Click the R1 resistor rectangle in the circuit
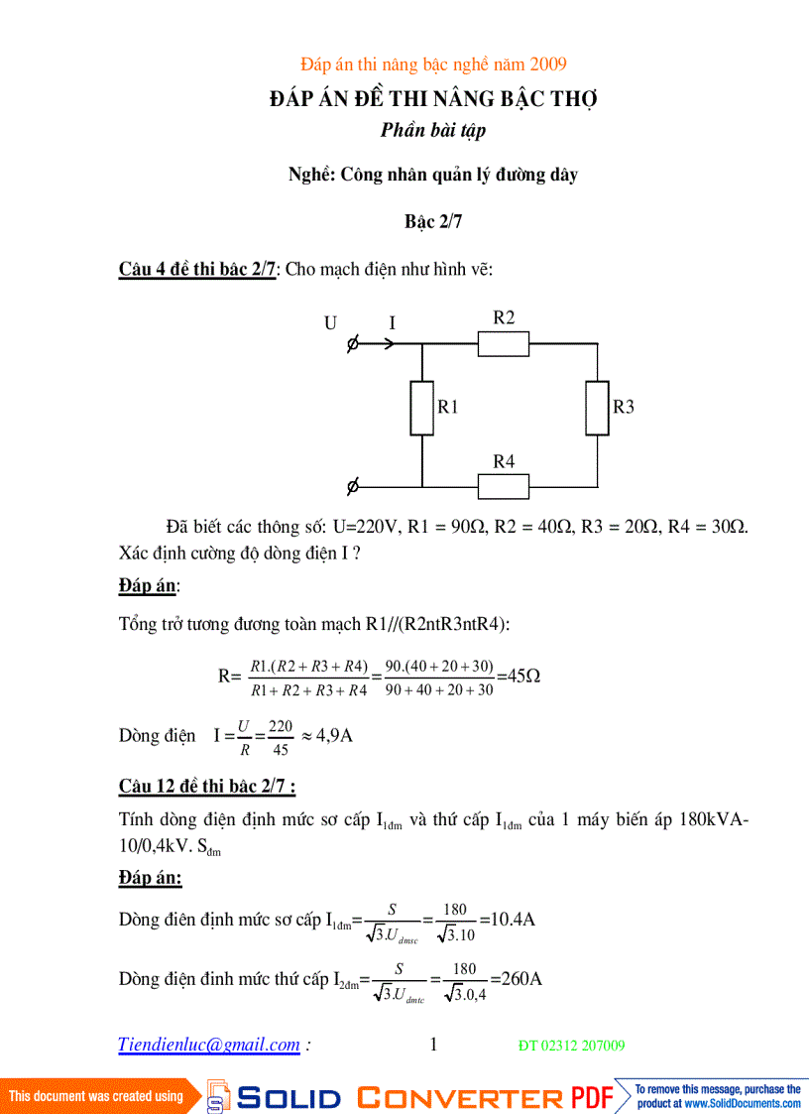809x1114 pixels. pos(422,408)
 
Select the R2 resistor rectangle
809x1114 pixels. pos(504,344)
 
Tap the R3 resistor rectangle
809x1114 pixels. pos(597,408)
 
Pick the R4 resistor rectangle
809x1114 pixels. pos(504,487)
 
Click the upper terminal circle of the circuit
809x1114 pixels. pos(353,344)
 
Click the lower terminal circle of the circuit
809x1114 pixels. pos(353,487)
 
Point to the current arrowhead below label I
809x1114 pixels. pos(390,344)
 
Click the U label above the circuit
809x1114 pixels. pos(330,322)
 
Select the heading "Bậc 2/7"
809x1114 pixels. pos(433,222)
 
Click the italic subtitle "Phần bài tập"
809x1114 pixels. pos(433,130)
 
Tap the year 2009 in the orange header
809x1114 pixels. pos(548,64)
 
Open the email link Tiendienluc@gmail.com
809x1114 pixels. pos(209,1045)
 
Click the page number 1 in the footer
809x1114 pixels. pos(433,1044)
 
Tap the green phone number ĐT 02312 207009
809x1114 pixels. pos(572,1046)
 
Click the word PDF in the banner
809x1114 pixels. pos(592,1097)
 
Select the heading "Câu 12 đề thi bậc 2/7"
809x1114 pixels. pos(207,787)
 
